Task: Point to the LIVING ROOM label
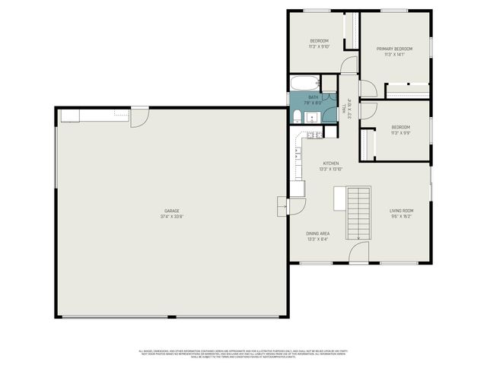click(401, 213)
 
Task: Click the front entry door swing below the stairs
click(359, 253)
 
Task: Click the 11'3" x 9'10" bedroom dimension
click(319, 46)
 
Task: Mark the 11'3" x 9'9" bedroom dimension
click(401, 133)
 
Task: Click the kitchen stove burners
click(312, 136)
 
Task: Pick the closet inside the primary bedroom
click(407, 90)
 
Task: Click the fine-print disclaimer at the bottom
click(243, 354)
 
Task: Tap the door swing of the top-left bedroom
click(349, 65)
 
